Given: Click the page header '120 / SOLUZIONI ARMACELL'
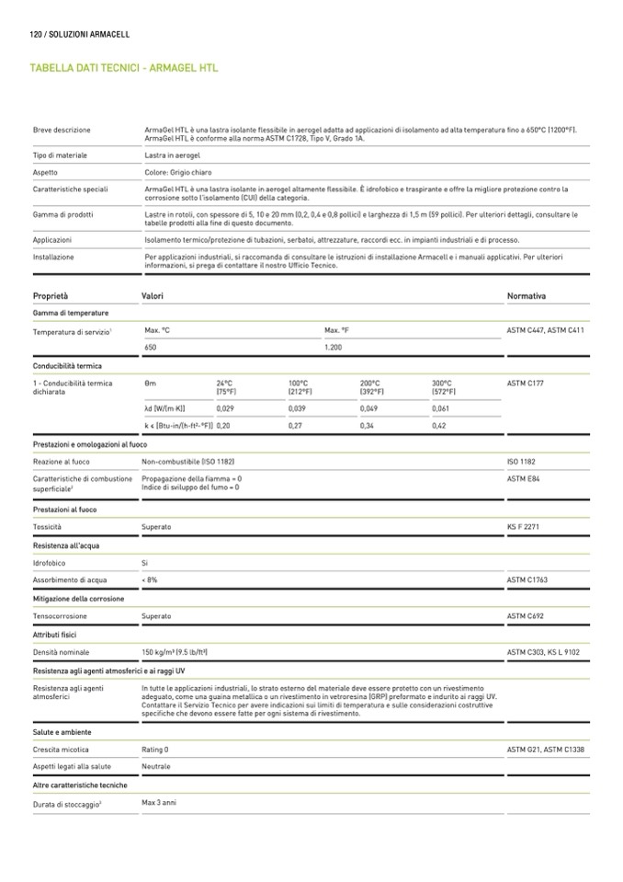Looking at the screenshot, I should click(x=80, y=34).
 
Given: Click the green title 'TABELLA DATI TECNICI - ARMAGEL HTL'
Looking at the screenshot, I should click(x=123, y=68).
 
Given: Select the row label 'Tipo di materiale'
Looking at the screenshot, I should click(x=60, y=155).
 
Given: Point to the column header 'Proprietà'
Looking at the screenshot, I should click(x=51, y=296).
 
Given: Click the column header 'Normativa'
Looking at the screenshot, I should click(x=527, y=296).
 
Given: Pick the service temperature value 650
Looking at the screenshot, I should click(x=152, y=348).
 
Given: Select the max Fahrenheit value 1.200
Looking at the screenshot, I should click(x=334, y=348).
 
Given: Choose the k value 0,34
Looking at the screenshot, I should click(x=368, y=426).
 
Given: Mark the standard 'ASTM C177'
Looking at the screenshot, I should click(x=527, y=383).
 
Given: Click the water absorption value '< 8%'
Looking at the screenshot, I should click(x=150, y=580).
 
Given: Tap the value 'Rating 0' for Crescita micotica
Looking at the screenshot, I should click(x=155, y=750).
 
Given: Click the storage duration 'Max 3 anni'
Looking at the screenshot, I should click(x=159, y=803).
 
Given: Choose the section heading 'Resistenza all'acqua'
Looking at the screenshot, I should click(x=66, y=545).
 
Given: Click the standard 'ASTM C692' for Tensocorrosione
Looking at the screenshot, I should click(x=527, y=616).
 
